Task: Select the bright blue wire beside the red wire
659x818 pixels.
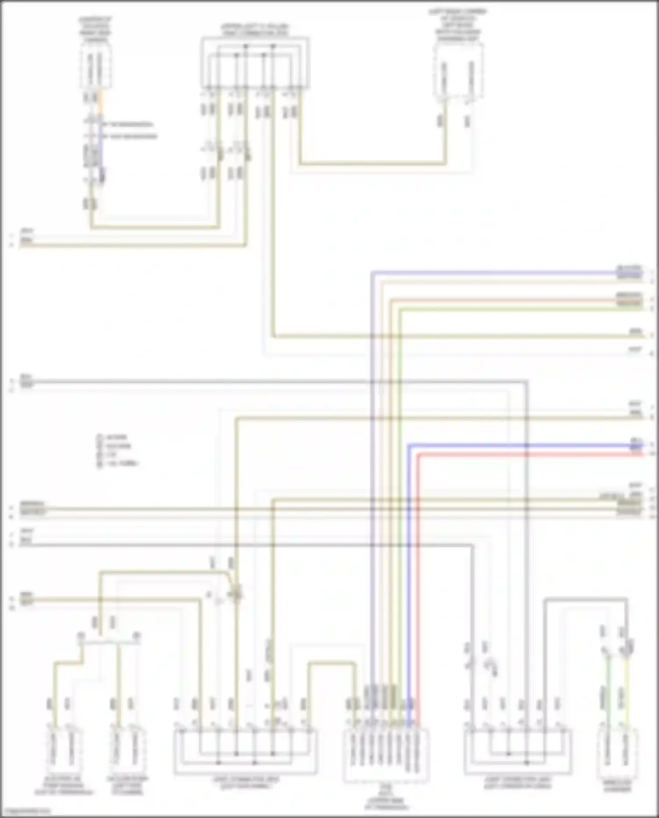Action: pyautogui.click(x=409, y=571)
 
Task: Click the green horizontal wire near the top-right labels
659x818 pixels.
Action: pyautogui.click(x=505, y=309)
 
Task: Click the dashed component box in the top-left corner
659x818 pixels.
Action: pyautogui.click(x=95, y=70)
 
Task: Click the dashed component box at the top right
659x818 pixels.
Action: pyautogui.click(x=458, y=73)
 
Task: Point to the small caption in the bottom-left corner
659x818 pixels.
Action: pyautogui.click(x=25, y=811)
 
